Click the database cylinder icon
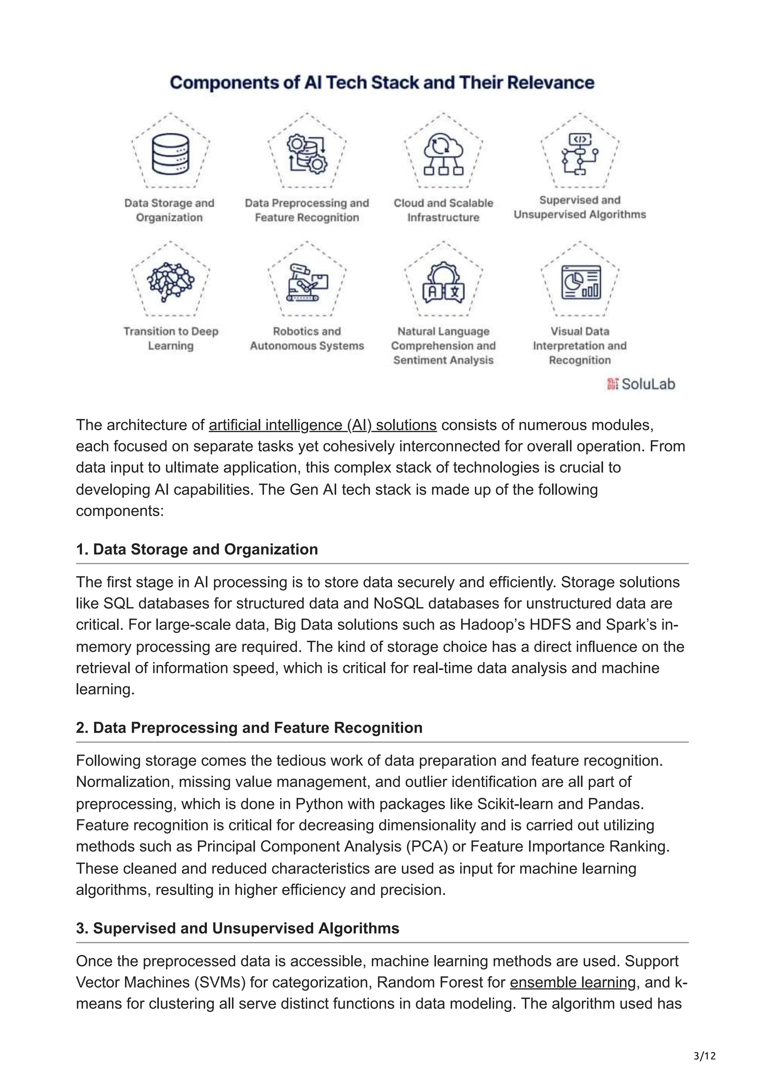(171, 153)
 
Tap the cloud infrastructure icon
(443, 153)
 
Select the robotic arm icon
(307, 282)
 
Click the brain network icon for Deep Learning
(171, 282)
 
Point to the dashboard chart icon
(580, 282)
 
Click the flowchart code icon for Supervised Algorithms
(580, 153)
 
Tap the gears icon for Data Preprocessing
(307, 153)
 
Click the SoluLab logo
(641, 384)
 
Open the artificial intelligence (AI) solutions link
(322, 425)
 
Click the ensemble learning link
(573, 983)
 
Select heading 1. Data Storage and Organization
(197, 550)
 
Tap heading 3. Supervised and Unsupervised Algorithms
(238, 929)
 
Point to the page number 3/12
(704, 1056)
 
